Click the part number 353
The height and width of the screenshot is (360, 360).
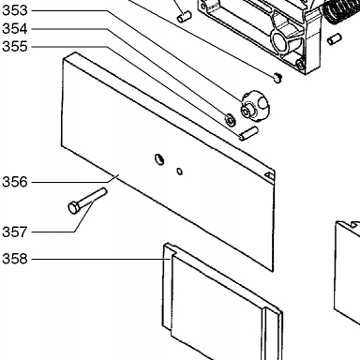[x=15, y=10]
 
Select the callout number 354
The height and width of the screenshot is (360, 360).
[x=15, y=29]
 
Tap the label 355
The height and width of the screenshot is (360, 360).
[x=15, y=47]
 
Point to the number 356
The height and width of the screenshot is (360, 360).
[x=15, y=182]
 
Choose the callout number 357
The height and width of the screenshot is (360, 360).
[x=15, y=232]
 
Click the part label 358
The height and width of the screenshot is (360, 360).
[x=15, y=259]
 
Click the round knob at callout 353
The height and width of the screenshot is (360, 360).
[x=255, y=106]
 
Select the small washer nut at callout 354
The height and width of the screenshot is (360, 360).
[x=231, y=119]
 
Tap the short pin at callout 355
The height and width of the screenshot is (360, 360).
[x=248, y=133]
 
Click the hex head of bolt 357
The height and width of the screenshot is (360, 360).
[x=73, y=208]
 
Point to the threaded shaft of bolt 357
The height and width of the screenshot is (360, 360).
[x=92, y=197]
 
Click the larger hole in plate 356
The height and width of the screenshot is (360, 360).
[x=159, y=159]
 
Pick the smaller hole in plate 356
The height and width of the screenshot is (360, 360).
[x=179, y=172]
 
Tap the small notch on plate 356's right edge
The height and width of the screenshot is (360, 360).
[x=269, y=175]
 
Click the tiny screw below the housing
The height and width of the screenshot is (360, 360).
[x=277, y=77]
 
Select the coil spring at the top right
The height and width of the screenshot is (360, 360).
[x=340, y=10]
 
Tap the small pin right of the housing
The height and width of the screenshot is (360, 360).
[x=335, y=39]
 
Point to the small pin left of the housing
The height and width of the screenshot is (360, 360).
[x=184, y=17]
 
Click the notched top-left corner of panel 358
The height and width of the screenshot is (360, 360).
[x=171, y=250]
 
